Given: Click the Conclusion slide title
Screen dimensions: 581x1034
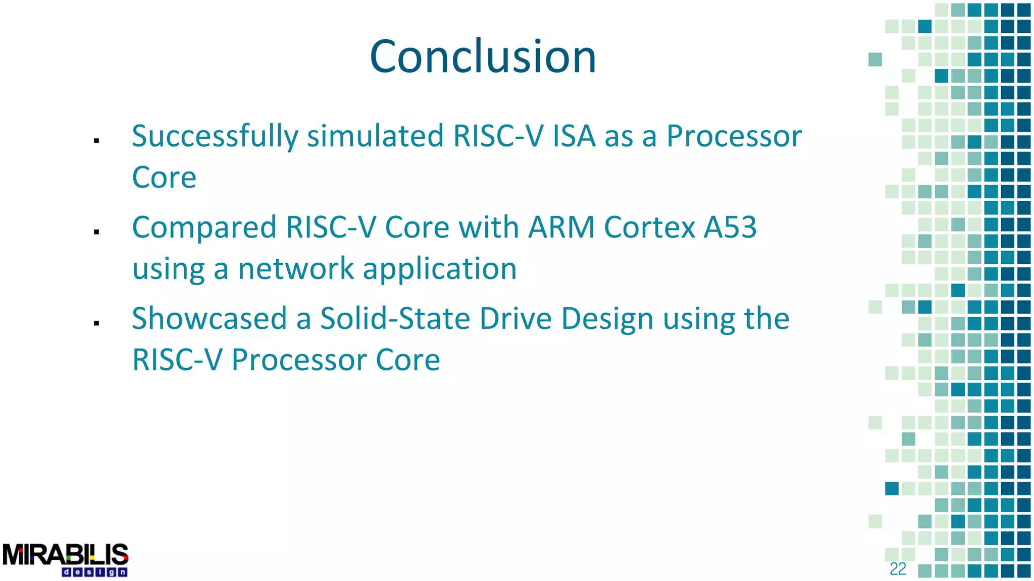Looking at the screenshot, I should coord(483,56).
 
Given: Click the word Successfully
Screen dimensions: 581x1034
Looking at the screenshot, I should coord(215,136).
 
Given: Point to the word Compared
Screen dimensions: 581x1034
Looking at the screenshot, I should coord(204,227).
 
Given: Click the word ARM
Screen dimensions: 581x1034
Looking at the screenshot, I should coord(561,227).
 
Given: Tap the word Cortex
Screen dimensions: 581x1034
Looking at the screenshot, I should coord(649,227).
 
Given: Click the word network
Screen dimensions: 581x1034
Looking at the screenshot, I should coord(296,268).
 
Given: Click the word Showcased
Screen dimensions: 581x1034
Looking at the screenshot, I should coord(209,319).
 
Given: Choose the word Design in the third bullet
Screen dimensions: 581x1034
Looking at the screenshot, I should coord(607,320).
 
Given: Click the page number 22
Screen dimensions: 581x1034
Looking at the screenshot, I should coord(898,569).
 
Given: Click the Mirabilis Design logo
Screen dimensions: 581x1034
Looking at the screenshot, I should coord(66,559).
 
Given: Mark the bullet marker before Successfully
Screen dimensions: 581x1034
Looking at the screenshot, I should coord(96,141).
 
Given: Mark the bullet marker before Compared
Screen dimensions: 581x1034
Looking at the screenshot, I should coord(96,232).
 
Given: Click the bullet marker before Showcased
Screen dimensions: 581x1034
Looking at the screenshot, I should coord(96,323).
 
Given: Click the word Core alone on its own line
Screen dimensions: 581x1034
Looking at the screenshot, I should coord(164,178).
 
